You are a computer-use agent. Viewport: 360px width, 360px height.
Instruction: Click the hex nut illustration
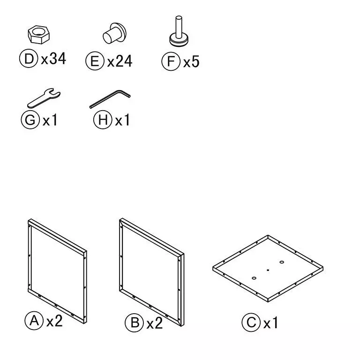pos(38,34)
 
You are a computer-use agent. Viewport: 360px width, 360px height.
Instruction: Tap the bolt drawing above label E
pos(114,34)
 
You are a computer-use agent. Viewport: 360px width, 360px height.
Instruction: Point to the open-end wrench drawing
pos(44,98)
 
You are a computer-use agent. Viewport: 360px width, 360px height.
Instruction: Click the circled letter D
pos(29,59)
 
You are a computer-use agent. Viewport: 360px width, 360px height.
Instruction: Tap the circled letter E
pos(95,61)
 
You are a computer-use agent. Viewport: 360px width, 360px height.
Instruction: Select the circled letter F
pos(171,61)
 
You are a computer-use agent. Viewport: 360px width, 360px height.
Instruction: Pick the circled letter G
pos(30,120)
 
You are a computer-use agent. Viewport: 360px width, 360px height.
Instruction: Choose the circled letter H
pos(103,120)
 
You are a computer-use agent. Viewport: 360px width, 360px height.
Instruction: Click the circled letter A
pos(34,321)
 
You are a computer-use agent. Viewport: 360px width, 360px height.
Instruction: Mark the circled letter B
pos(135,322)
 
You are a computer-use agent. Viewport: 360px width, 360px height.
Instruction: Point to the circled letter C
pos(251,322)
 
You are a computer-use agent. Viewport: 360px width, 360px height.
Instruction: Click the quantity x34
pos(53,59)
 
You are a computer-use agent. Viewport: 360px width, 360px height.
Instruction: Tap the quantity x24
pos(120,61)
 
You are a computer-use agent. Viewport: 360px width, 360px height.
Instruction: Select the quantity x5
pos(191,61)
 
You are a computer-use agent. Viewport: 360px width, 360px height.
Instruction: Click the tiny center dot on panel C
pos(268,270)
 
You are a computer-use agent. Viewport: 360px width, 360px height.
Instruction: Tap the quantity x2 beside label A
pos(54,321)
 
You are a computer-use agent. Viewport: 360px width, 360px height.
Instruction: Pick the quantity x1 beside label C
pos(270,322)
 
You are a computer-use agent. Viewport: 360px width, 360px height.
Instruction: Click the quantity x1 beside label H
pos(122,120)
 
